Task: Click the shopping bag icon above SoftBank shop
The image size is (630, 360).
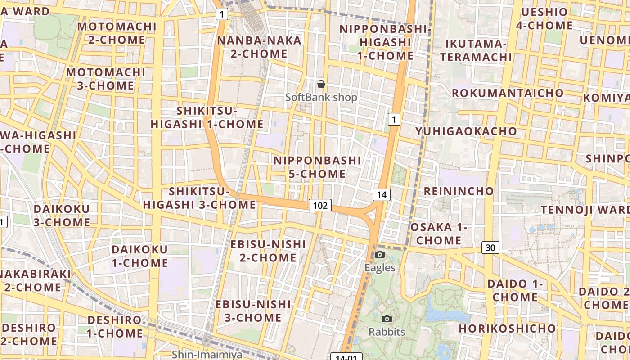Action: [x=321, y=84]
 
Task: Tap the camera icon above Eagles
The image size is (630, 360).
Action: [x=380, y=255]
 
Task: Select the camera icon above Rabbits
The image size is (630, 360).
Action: [x=387, y=319]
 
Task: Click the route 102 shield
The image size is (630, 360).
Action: [x=320, y=206]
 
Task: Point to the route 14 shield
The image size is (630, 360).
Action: [x=381, y=195]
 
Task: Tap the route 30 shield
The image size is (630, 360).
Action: [x=490, y=247]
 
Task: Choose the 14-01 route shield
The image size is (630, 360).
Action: [x=346, y=357]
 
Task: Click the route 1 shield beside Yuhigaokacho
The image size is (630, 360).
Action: [x=394, y=119]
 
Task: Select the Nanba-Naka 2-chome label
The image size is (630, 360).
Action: [x=259, y=47]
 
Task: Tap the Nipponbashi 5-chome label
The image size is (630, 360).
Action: [x=317, y=167]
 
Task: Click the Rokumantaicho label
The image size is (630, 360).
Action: [x=508, y=93]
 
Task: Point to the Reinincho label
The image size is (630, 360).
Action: [x=459, y=191]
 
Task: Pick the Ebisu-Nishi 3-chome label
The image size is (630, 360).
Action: [x=253, y=311]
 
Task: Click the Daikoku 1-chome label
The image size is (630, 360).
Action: [x=139, y=256]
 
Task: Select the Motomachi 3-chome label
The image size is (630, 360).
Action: [x=106, y=79]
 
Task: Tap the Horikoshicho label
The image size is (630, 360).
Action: [x=508, y=328]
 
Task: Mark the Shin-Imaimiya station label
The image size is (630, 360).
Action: [x=207, y=355]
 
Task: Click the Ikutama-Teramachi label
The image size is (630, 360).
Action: [x=476, y=50]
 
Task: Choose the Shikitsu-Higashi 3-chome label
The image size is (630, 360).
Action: [x=199, y=198]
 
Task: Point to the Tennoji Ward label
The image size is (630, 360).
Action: [x=585, y=210]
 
